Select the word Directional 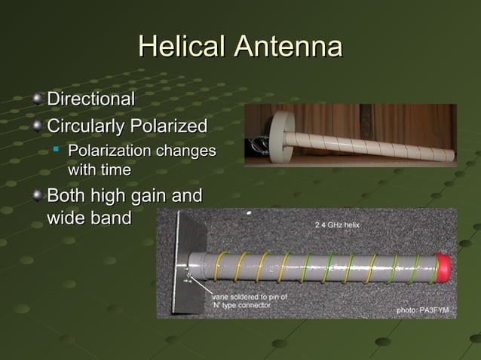click(91, 99)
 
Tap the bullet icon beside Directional click(38, 99)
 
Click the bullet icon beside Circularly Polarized click(38, 124)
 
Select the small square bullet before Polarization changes click(57, 151)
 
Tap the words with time click(100, 170)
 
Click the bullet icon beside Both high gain click(38, 197)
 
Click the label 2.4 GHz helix click(336, 226)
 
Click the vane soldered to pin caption click(250, 301)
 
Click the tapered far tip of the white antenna click(449, 156)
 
